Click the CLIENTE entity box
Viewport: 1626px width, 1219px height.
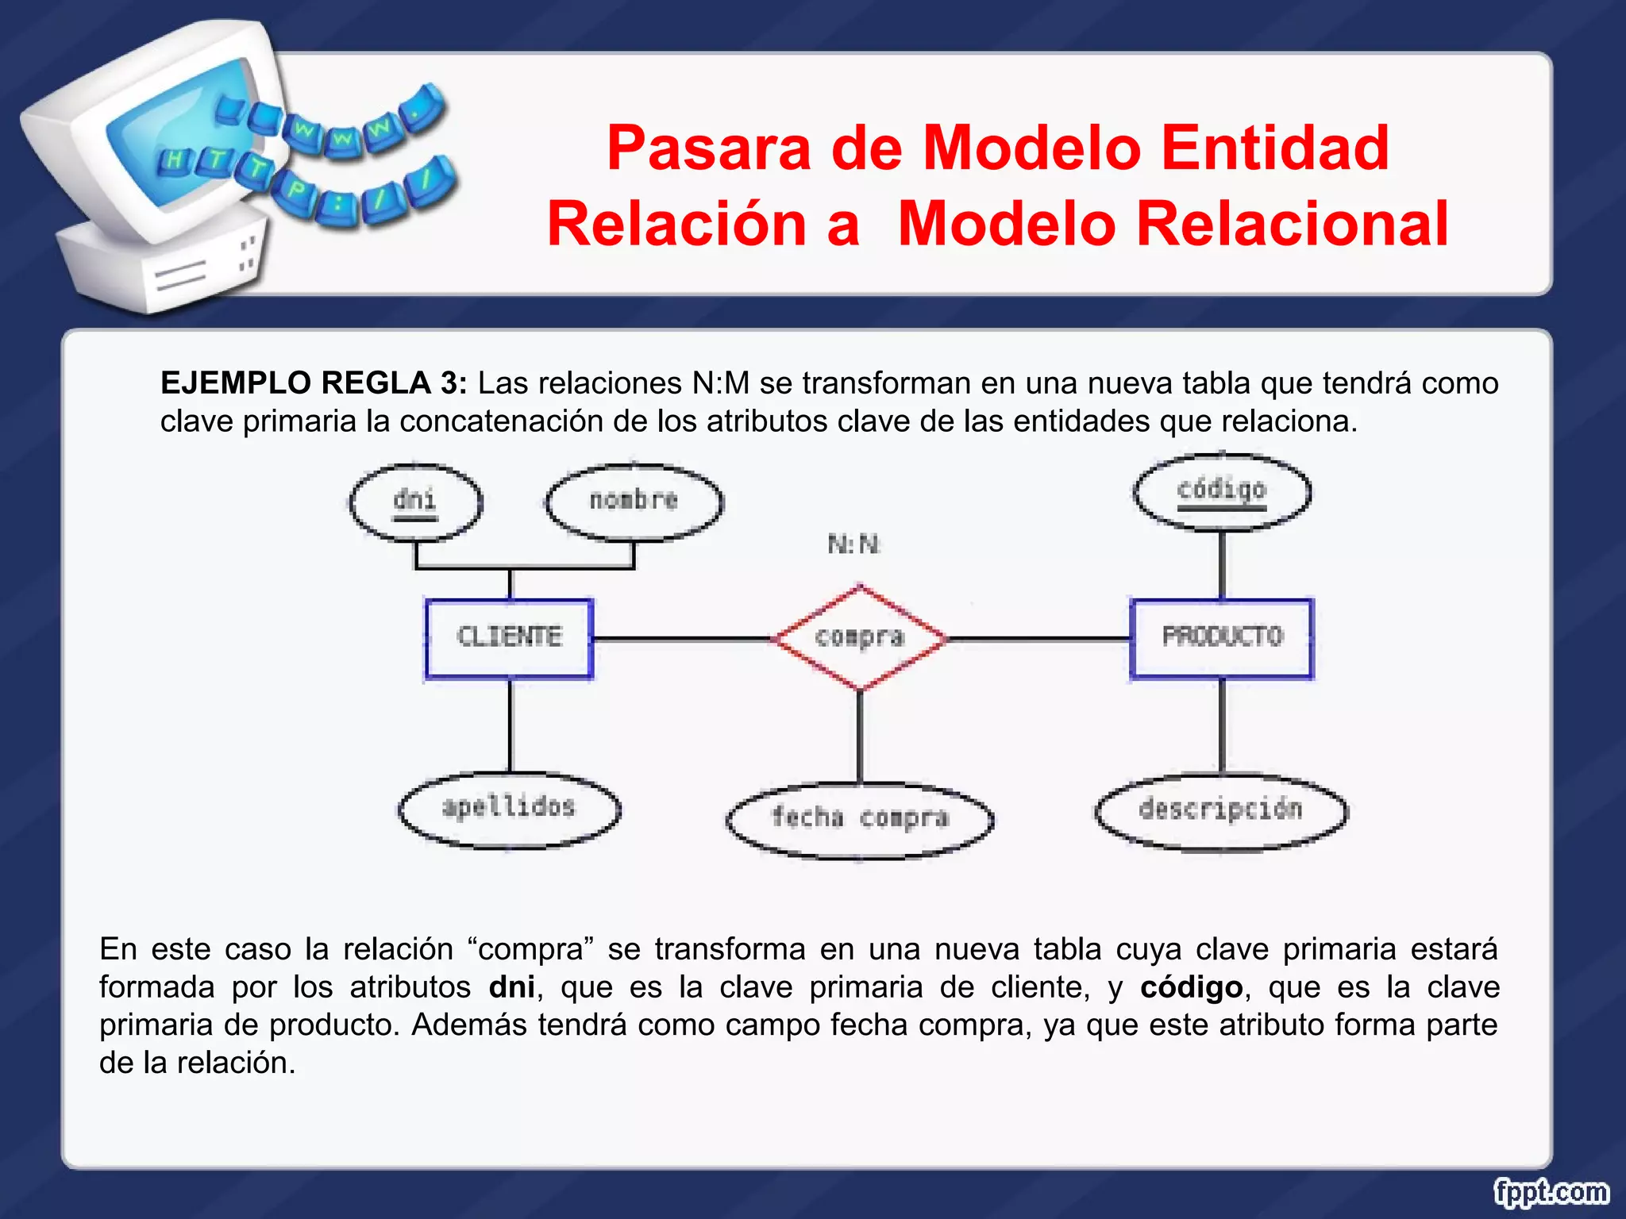pyautogui.click(x=509, y=638)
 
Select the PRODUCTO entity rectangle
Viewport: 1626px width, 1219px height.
pyautogui.click(x=1222, y=638)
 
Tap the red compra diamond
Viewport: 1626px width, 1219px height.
pyautogui.click(x=860, y=638)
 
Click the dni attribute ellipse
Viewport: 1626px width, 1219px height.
pyautogui.click(x=415, y=502)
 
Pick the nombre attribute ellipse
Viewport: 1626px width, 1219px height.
pyautogui.click(x=634, y=502)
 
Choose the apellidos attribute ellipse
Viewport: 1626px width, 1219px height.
pyautogui.click(x=509, y=809)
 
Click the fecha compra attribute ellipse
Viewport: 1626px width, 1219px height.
pyautogui.click(x=860, y=819)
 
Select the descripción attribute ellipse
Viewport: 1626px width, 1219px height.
pyautogui.click(x=1221, y=811)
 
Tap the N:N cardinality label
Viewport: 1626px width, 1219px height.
pyautogui.click(x=854, y=544)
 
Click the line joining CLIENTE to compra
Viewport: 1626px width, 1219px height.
pyautogui.click(x=683, y=638)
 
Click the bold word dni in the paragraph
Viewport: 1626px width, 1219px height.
pyautogui.click(x=512, y=987)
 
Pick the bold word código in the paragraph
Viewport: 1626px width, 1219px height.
pyautogui.click(x=1191, y=987)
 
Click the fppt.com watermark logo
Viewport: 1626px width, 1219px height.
pyautogui.click(x=1551, y=1192)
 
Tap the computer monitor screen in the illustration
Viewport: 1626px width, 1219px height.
pyautogui.click(x=167, y=135)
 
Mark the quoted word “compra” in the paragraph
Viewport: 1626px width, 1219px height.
pyautogui.click(x=531, y=949)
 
